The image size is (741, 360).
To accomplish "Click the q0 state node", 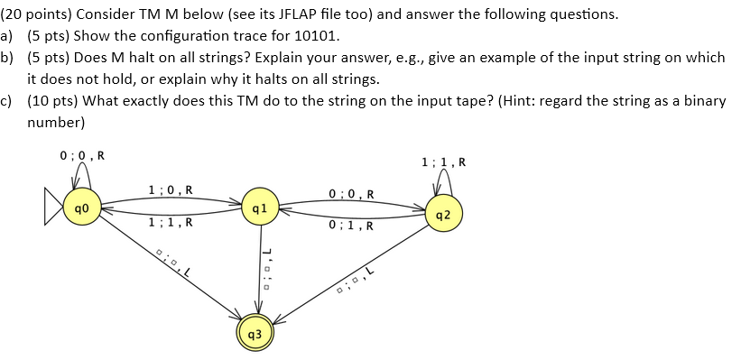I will pyautogui.click(x=80, y=208).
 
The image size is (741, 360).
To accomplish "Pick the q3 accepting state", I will pyautogui.click(x=255, y=334).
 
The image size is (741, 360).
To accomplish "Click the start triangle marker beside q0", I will pyautogui.click(x=53, y=208).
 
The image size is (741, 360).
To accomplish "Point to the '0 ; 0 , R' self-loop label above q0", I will pyautogui.click(x=81, y=154).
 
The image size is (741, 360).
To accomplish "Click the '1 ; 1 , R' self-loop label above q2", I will pyautogui.click(x=443, y=162).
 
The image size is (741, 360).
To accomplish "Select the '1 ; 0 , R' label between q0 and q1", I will pyautogui.click(x=170, y=190).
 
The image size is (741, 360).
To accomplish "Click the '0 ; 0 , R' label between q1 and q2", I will pyautogui.click(x=352, y=193).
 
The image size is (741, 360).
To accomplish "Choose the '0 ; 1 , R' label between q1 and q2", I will pyautogui.click(x=352, y=226).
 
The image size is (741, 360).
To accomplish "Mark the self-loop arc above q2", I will pyautogui.click(x=442, y=183).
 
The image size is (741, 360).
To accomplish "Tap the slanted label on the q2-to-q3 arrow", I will pyautogui.click(x=354, y=281).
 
